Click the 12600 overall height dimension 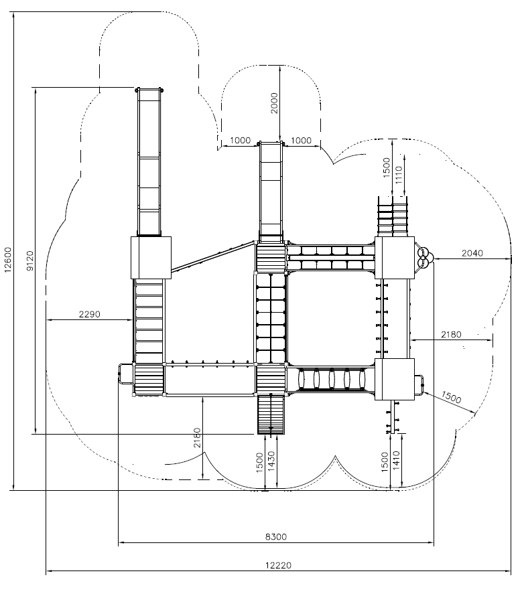tap(8, 260)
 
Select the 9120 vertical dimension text tap(30, 261)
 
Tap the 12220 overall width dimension tap(278, 565)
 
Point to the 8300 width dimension tap(276, 536)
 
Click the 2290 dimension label tap(89, 314)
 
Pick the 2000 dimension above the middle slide tap(274, 103)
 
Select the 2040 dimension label tap(472, 252)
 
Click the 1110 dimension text tap(399, 175)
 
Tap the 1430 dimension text tap(271, 461)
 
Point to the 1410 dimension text tap(397, 460)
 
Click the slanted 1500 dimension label tap(451, 397)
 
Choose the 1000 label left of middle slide tap(240, 141)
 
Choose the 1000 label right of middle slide tap(301, 141)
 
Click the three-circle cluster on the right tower tap(424, 257)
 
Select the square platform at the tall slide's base tap(151, 257)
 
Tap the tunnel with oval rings tap(331, 379)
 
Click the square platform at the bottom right tap(395, 379)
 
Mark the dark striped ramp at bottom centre tap(271, 415)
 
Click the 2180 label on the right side tap(451, 334)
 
